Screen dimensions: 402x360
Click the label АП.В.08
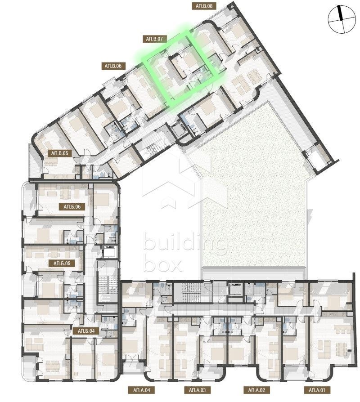(204, 6)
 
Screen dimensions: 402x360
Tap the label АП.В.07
(154, 39)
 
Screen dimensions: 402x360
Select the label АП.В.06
(113, 66)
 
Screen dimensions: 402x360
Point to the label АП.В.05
(59, 153)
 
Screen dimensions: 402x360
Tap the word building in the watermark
(185, 243)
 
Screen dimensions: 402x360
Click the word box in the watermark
(162, 265)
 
